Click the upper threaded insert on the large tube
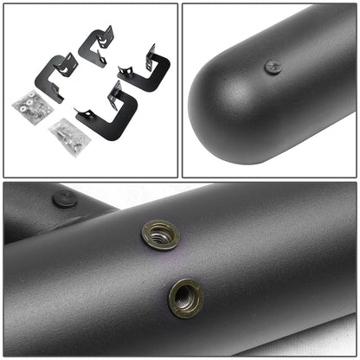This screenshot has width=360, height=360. coord(160,235)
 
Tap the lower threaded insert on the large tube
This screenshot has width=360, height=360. coord(185,297)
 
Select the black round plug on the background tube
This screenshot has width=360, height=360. coord(64,198)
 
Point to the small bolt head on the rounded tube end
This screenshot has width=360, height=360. coord(273,67)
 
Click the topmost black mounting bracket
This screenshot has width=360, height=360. coord(96,47)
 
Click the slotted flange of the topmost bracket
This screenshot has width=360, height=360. coord(106,36)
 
